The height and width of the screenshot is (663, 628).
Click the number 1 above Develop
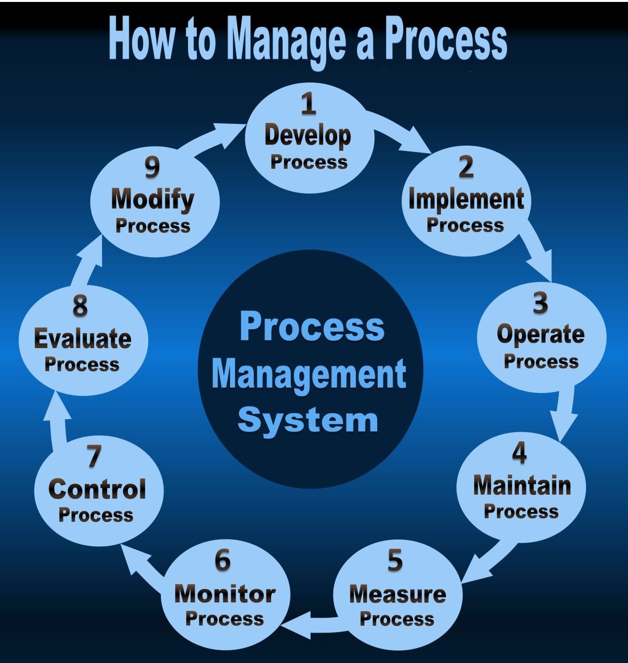pyautogui.click(x=309, y=104)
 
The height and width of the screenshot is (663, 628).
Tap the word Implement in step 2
pyautogui.click(x=466, y=200)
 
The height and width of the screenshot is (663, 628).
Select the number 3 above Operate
pyautogui.click(x=540, y=303)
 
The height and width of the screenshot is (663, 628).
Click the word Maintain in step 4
pyautogui.click(x=522, y=486)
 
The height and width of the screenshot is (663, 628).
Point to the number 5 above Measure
pyautogui.click(x=395, y=561)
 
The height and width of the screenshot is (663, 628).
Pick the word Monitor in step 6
pyautogui.click(x=225, y=595)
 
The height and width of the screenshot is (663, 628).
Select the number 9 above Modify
pyautogui.click(x=152, y=167)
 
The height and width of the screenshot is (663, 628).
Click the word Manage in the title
pyautogui.click(x=287, y=42)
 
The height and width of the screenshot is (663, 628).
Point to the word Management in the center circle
pyautogui.click(x=309, y=374)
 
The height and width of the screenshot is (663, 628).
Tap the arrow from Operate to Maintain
pyautogui.click(x=563, y=413)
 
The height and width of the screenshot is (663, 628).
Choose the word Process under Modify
pyautogui.click(x=153, y=226)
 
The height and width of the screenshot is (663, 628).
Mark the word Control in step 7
pyautogui.click(x=97, y=489)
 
